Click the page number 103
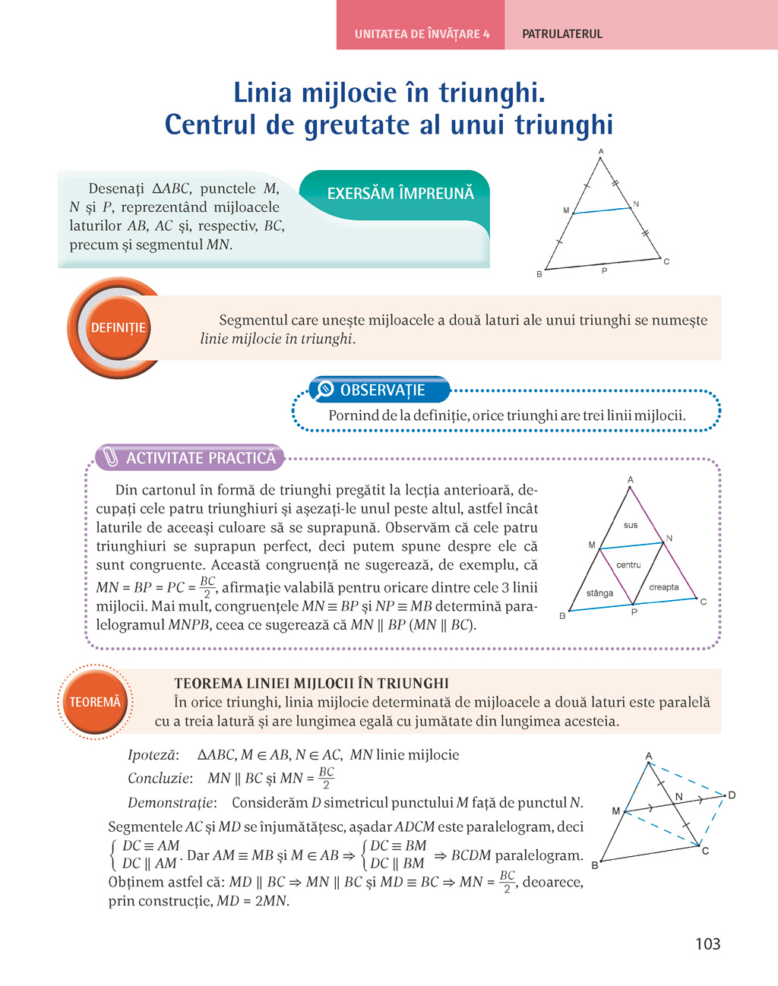point(707,943)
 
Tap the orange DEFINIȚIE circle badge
point(118,328)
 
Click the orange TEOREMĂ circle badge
point(95,702)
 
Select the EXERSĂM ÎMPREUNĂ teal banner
point(400,194)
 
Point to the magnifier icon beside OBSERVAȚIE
point(324,390)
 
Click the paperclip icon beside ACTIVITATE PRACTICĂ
point(111,457)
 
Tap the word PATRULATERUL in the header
point(562,34)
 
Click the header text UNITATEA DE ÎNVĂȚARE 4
point(422,34)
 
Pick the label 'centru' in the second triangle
point(628,565)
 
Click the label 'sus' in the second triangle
point(631,525)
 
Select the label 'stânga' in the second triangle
point(599,593)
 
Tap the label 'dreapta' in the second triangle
point(663,587)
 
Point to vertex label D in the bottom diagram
point(732,795)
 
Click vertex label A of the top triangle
point(601,152)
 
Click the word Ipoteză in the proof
point(153,755)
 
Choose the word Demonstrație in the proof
point(172,803)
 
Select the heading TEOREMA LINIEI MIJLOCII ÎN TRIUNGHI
point(312,683)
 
